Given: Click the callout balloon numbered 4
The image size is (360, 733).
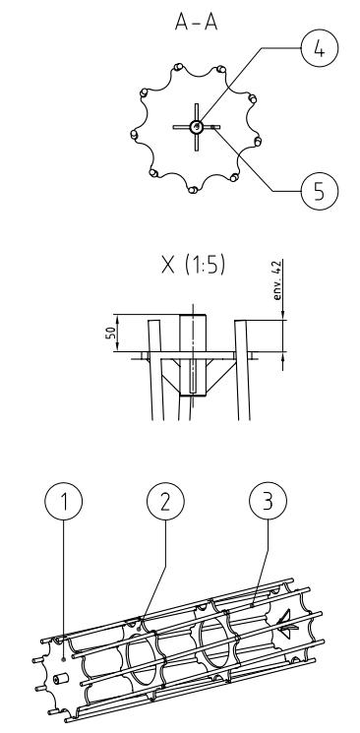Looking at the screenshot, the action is pos(320,48).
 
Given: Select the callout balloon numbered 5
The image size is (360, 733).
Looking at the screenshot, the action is pos(320,191).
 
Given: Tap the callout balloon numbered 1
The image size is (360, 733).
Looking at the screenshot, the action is pos(64,501).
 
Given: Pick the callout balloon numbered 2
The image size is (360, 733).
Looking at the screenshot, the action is pos(165,501).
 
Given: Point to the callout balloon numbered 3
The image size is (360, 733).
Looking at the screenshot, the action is pos(268,501).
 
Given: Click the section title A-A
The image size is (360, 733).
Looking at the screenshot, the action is pos(197,22).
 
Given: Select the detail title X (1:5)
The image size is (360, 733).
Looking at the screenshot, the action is pos(193,265).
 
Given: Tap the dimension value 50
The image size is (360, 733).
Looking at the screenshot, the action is pos(111,333).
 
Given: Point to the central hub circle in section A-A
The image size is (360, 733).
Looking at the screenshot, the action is pos(196,126).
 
